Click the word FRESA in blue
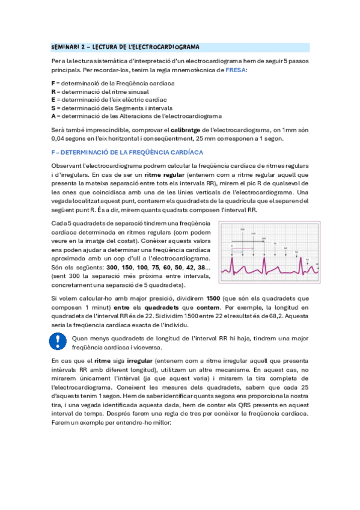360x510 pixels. pyautogui.click(x=236, y=70)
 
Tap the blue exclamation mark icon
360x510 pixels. pyautogui.click(x=58, y=342)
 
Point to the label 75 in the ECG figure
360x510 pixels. pyautogui.click(x=275, y=244)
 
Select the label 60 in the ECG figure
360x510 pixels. pyautogui.click(x=286, y=248)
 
